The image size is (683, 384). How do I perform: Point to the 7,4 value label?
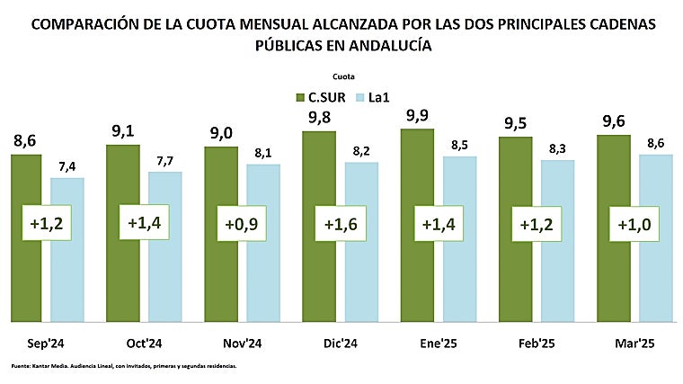coord(67,167)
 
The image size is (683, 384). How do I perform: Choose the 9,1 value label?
coord(123,132)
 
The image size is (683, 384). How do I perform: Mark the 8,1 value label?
coord(263,154)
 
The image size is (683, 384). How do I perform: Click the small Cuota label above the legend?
coord(343,76)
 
